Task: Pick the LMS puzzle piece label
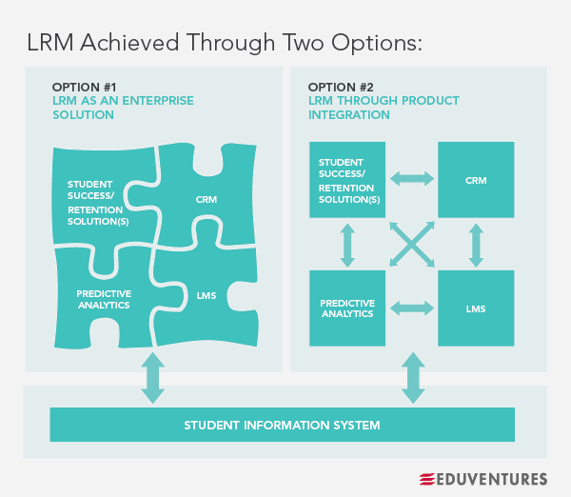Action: pyautogui.click(x=207, y=295)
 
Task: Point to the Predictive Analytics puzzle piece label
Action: pyautogui.click(x=104, y=299)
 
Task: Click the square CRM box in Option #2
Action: pyautogui.click(x=475, y=179)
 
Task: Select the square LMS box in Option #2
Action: pyautogui.click(x=475, y=308)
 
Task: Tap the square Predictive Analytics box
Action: pyautogui.click(x=347, y=308)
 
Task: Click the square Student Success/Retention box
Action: pyautogui.click(x=347, y=179)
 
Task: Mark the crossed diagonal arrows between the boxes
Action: pyautogui.click(x=411, y=244)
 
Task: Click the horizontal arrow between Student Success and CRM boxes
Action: pyautogui.click(x=411, y=178)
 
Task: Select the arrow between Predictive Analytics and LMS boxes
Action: pyautogui.click(x=411, y=308)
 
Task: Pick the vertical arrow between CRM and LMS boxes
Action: pyautogui.click(x=475, y=244)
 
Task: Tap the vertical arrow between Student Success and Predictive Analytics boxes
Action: pyautogui.click(x=347, y=244)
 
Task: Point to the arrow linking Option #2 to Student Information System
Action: pyautogui.click(x=413, y=378)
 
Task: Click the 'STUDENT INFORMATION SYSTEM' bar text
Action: pyautogui.click(x=282, y=425)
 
